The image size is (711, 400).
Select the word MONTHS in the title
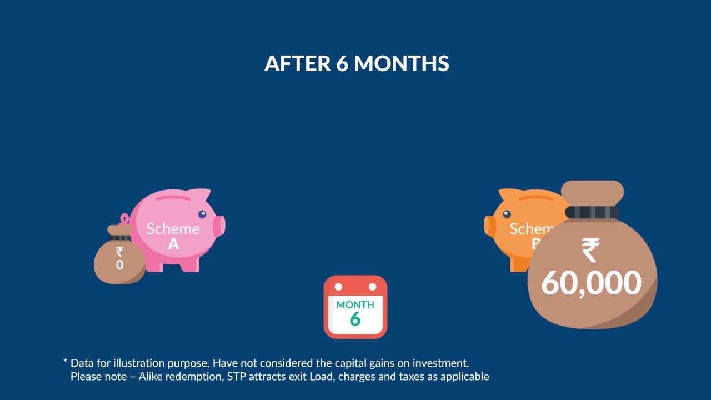point(402,64)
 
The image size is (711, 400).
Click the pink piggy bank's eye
point(202,214)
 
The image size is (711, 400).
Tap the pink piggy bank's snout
point(221,225)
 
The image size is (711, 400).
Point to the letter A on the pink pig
point(173,243)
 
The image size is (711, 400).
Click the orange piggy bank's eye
point(506,214)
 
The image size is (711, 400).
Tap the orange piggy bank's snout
point(489,225)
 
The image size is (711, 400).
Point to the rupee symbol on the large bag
point(590,250)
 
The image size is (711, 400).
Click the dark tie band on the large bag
point(592,212)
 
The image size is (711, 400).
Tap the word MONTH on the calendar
point(355,304)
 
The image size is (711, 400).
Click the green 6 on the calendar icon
point(355,319)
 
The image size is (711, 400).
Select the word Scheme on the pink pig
point(173,229)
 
